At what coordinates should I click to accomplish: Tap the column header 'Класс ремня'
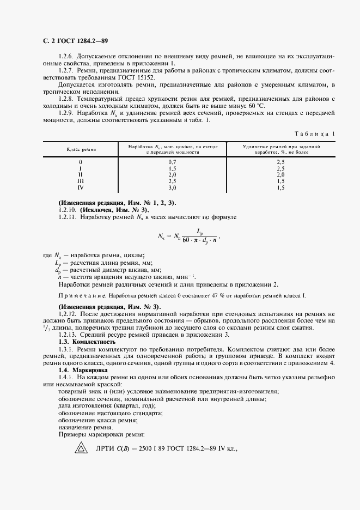(81, 149)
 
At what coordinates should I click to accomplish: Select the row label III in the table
(81, 181)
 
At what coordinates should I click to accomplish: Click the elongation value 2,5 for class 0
(281, 162)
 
